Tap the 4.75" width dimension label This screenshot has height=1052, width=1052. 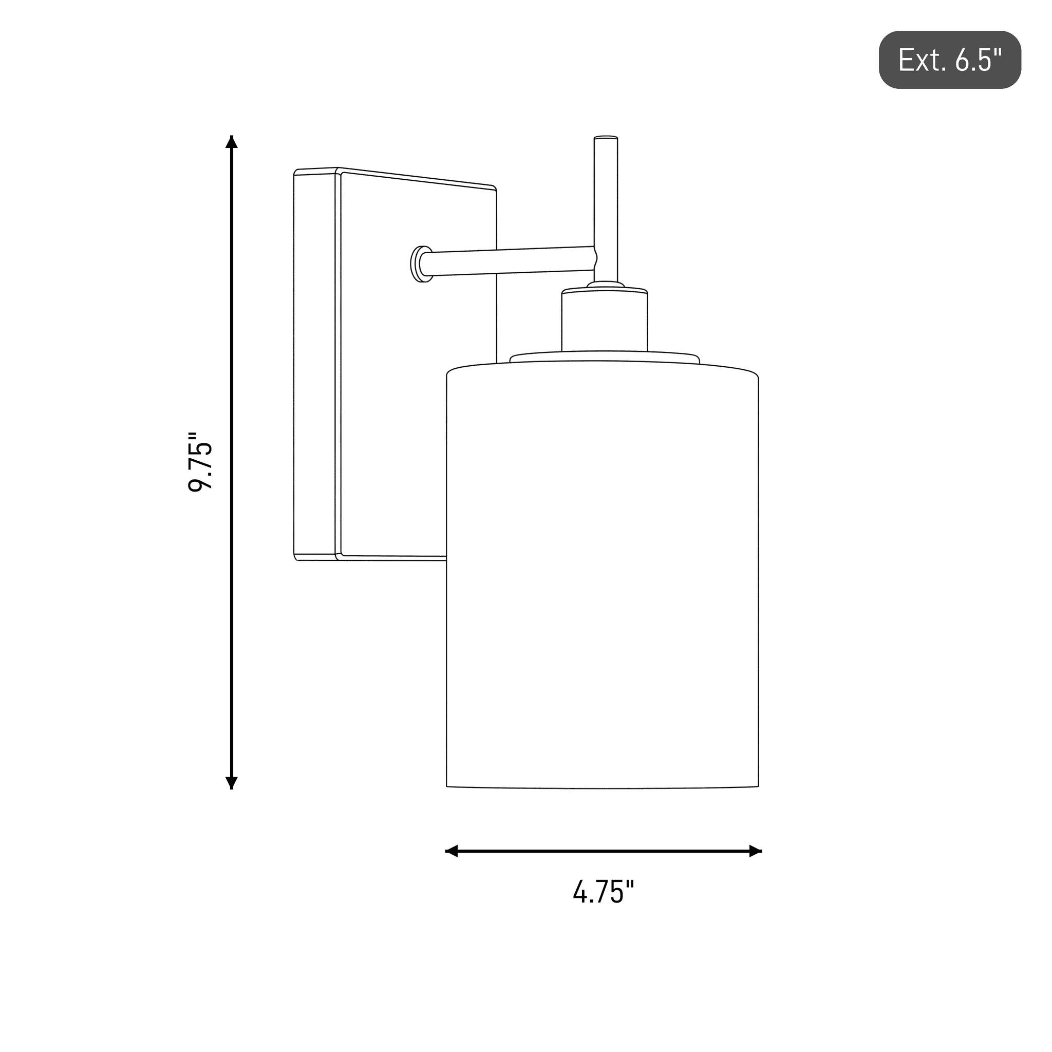pos(604,892)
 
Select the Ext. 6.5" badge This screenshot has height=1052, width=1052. pos(950,60)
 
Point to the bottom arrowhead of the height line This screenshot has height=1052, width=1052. pos(232,782)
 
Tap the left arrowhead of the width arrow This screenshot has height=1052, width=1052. pos(452,851)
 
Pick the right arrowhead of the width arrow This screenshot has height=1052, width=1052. pos(755,851)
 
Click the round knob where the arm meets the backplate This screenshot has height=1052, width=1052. pos(420,264)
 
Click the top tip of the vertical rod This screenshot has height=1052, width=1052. pos(606,137)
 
